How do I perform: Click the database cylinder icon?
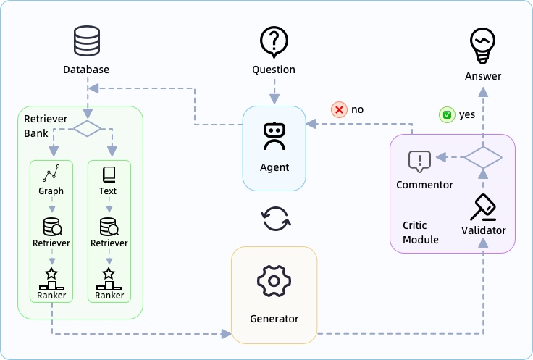tap(86, 42)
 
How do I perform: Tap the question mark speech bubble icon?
tap(274, 42)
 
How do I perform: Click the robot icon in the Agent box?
tap(274, 135)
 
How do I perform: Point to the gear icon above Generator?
tap(274, 280)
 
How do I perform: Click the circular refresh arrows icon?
tap(275, 218)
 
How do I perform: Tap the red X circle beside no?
tap(339, 110)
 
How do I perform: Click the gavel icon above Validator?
tap(483, 206)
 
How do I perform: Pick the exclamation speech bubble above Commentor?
tap(419, 161)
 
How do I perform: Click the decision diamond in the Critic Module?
tap(483, 156)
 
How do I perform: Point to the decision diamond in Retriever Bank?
tap(87, 129)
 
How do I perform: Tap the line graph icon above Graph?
tap(51, 174)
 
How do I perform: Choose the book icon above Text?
tap(109, 174)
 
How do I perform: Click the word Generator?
tap(274, 319)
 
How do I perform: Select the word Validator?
tap(483, 231)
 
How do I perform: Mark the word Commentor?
tap(424, 185)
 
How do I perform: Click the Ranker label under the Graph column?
tap(51, 296)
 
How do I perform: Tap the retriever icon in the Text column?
tap(109, 226)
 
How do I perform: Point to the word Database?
tap(86, 70)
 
